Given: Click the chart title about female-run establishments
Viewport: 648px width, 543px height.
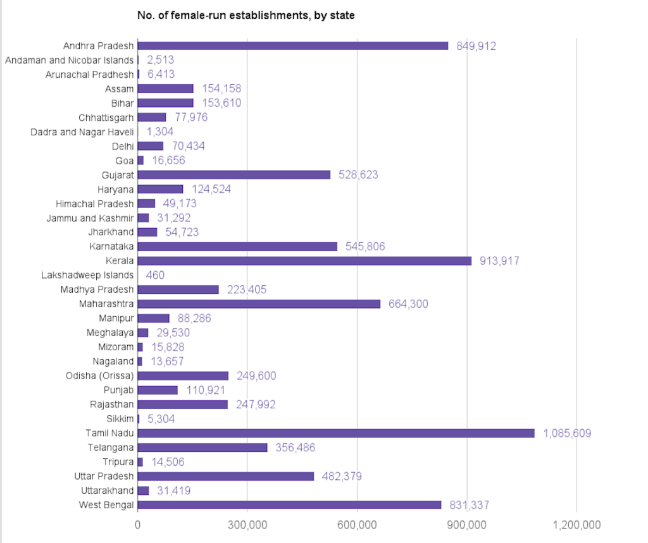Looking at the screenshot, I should pos(246,15).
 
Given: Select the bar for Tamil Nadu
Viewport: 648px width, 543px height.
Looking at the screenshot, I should pos(335,433).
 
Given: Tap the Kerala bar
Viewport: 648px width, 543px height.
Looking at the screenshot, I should pos(304,260).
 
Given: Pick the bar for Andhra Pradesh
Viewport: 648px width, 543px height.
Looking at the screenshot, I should pos(292,46).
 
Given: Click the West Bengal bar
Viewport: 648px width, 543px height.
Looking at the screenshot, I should pos(289,504).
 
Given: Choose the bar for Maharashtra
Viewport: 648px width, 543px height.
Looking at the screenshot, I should pos(259,303).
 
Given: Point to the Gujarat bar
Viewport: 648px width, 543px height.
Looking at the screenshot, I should pos(234,174).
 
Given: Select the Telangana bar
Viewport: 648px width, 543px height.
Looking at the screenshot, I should pos(202,448).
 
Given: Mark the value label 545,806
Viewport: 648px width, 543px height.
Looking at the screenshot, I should pos(365,247).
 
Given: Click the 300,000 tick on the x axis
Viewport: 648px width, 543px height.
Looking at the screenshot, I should pos(247,525).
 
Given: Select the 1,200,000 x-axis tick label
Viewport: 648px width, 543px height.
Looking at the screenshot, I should pos(576,525).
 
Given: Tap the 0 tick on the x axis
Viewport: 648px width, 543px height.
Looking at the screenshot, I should pos(138,525).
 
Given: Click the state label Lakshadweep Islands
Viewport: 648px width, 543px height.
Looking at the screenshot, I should pos(87,275).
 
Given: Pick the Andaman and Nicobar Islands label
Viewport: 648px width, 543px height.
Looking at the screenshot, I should pos(69,60).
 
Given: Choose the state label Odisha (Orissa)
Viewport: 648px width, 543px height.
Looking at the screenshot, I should pos(99,375).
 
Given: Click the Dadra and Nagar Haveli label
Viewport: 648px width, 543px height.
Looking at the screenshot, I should pos(82,131).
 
